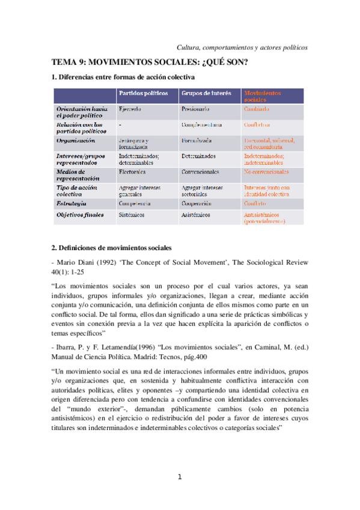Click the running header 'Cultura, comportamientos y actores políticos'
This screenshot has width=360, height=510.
pos(242,47)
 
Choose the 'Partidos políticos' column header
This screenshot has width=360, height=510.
pos(142,94)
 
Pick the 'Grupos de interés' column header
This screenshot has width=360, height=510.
pos(206,94)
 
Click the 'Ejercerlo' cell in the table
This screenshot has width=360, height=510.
pos(130,109)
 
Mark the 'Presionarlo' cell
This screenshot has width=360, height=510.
pos(194,109)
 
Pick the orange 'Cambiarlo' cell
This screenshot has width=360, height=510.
pos(256,109)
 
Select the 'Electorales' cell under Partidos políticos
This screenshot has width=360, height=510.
pos(132,171)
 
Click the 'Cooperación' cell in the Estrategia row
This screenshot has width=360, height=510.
pos(196,204)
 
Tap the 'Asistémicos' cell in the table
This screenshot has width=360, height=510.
pos(195,214)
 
